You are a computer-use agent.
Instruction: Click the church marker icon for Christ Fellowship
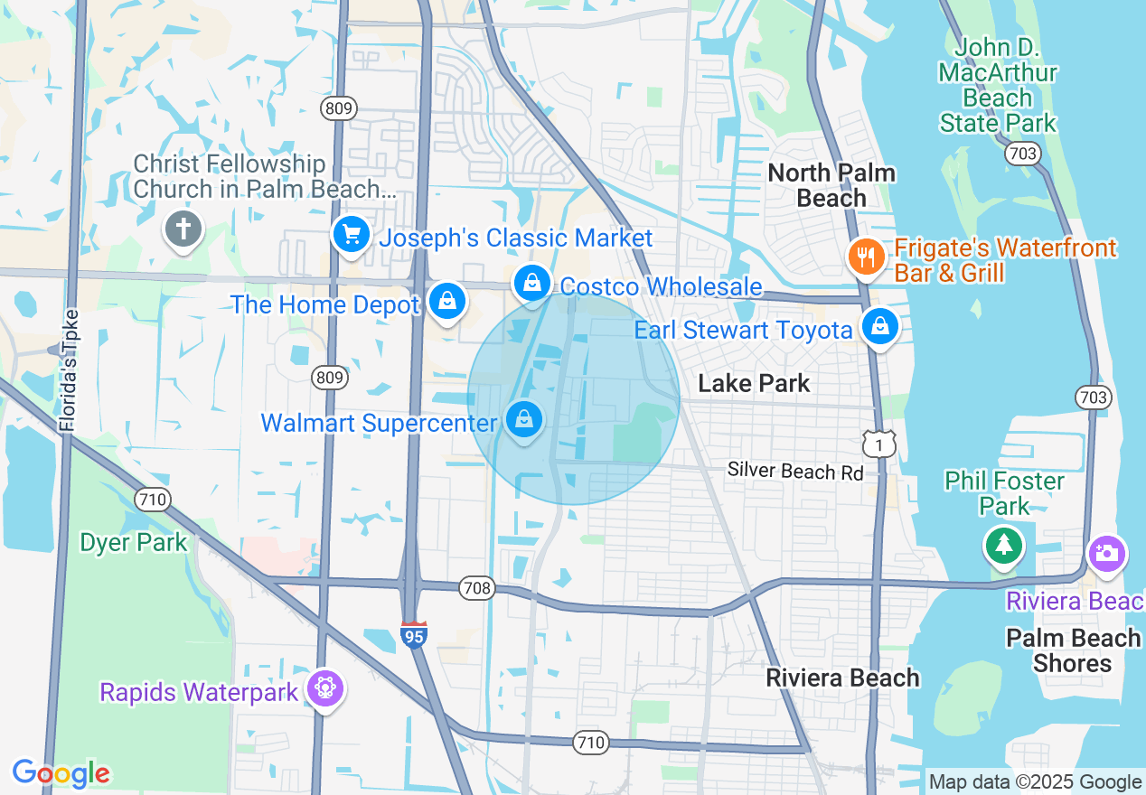click(183, 229)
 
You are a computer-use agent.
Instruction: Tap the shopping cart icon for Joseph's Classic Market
click(351, 235)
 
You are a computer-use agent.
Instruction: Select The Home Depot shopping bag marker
click(446, 301)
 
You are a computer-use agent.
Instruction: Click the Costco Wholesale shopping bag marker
click(533, 283)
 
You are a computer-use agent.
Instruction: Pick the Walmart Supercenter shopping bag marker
click(523, 419)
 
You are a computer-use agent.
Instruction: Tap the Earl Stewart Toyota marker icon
click(878, 326)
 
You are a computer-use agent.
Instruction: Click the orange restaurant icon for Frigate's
click(866, 257)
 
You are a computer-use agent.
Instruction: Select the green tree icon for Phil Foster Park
click(1003, 545)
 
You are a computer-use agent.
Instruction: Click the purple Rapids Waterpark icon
click(324, 689)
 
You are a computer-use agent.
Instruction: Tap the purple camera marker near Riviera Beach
click(1106, 552)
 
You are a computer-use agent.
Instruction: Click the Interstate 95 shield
click(413, 634)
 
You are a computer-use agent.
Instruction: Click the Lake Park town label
click(754, 383)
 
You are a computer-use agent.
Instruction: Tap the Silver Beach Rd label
click(795, 472)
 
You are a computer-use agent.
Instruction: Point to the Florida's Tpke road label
click(68, 370)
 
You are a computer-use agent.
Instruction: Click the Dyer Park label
click(134, 543)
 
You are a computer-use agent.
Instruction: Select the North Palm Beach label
click(831, 185)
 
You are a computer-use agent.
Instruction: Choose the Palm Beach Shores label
click(1073, 650)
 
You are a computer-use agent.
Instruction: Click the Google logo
click(61, 773)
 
